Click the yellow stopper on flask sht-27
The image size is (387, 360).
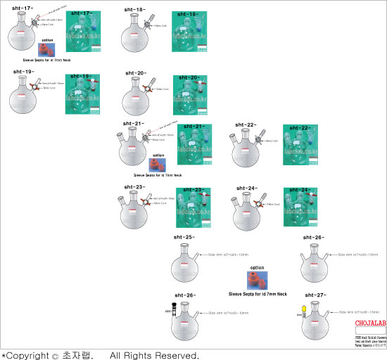(x=303, y=309)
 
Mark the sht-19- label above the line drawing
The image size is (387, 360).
(x=23, y=72)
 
